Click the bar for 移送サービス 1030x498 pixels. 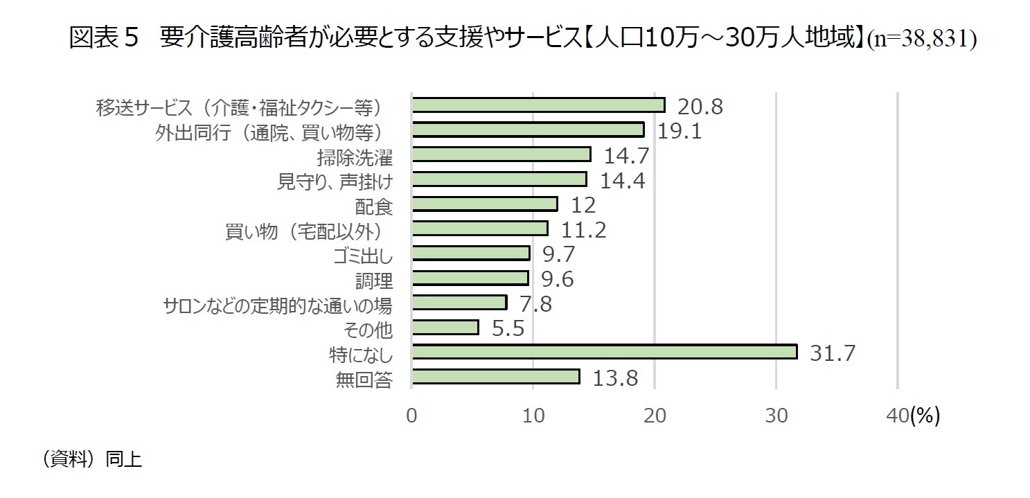point(538,105)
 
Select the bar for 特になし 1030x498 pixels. point(604,352)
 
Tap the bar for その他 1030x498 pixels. point(445,327)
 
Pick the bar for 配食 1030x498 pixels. point(484,204)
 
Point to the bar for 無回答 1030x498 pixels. point(495,376)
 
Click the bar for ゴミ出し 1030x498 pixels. point(470,253)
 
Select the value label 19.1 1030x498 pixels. point(679,130)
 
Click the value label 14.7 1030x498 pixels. point(626,155)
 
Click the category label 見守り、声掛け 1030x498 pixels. point(335,181)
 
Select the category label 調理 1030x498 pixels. point(373,280)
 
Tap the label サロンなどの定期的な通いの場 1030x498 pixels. point(277,305)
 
